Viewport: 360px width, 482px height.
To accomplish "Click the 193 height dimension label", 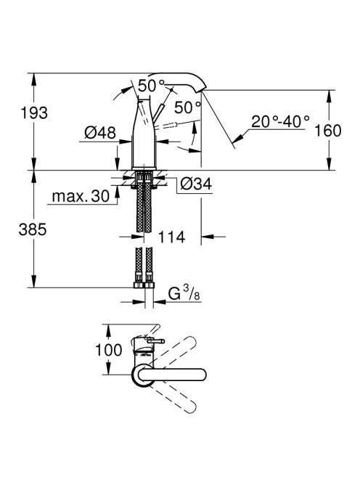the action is click(x=34, y=113).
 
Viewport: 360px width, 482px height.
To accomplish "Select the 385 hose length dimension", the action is click(x=33, y=229).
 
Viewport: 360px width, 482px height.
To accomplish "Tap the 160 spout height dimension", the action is click(x=328, y=131).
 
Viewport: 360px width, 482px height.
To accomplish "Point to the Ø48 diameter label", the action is click(x=100, y=133).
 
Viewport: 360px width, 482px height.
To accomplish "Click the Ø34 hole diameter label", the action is click(x=196, y=184).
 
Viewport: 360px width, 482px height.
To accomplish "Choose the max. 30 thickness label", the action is click(x=81, y=196).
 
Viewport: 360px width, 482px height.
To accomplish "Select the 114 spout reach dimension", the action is click(x=171, y=237).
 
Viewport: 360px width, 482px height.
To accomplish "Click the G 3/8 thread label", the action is click(x=184, y=293).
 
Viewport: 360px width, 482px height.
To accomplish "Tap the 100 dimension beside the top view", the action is click(x=109, y=350).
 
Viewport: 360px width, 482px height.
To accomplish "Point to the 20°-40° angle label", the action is click(x=280, y=121).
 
